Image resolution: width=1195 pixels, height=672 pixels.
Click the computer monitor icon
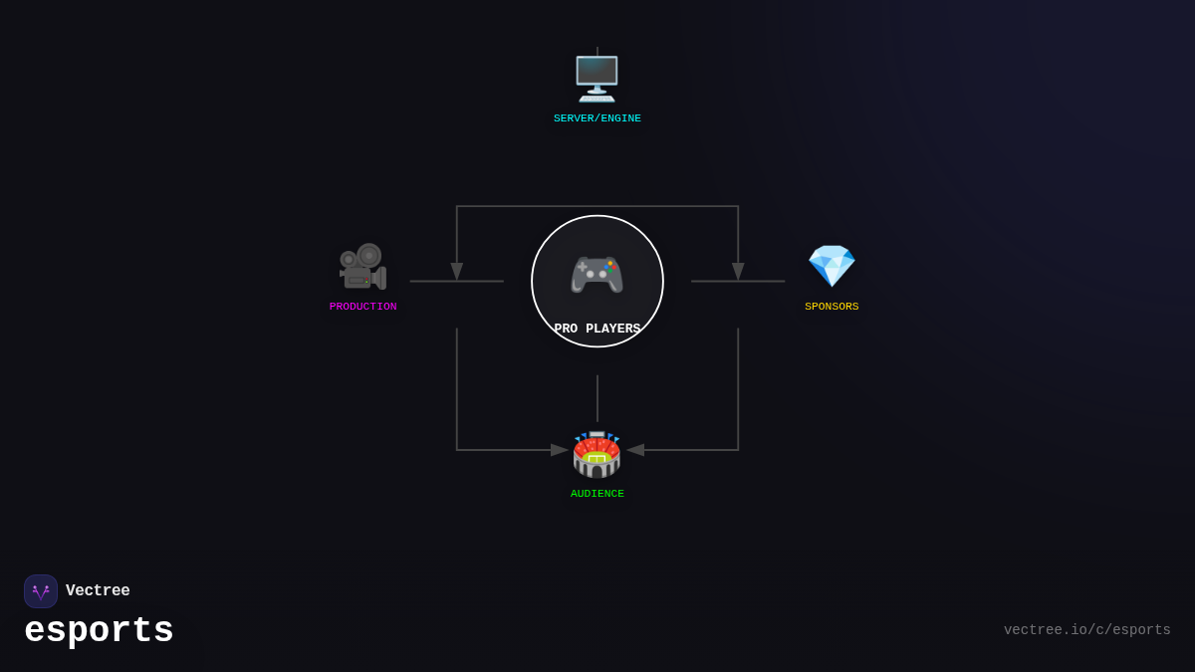[x=597, y=78]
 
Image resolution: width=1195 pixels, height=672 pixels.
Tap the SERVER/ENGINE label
[x=597, y=118]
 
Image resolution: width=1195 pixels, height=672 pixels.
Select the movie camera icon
[x=362, y=266]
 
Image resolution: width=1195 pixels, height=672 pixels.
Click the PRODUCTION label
[x=362, y=307]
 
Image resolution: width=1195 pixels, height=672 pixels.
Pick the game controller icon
[x=597, y=274]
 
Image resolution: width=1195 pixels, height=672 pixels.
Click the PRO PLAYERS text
[x=597, y=329]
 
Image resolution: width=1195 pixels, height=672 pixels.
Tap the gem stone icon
[x=832, y=266]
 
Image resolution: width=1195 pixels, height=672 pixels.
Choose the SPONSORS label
[x=832, y=307]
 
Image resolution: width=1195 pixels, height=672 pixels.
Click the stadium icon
[x=597, y=454]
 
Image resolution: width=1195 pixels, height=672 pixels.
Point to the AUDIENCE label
[x=597, y=494]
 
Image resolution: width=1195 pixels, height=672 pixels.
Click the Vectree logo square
[x=41, y=591]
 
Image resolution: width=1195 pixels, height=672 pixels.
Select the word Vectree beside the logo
[x=98, y=591]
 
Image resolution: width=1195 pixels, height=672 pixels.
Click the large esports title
[x=99, y=631]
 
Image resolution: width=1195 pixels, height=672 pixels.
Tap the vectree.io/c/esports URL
[x=1086, y=630]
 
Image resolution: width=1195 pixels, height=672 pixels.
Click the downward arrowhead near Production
[x=457, y=271]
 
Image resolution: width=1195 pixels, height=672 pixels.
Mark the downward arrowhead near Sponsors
[x=738, y=271]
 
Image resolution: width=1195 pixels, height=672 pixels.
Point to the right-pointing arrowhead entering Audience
[x=560, y=450]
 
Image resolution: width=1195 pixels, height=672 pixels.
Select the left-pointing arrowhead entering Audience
[x=635, y=450]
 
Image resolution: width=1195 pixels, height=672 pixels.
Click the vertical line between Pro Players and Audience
[x=597, y=398]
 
